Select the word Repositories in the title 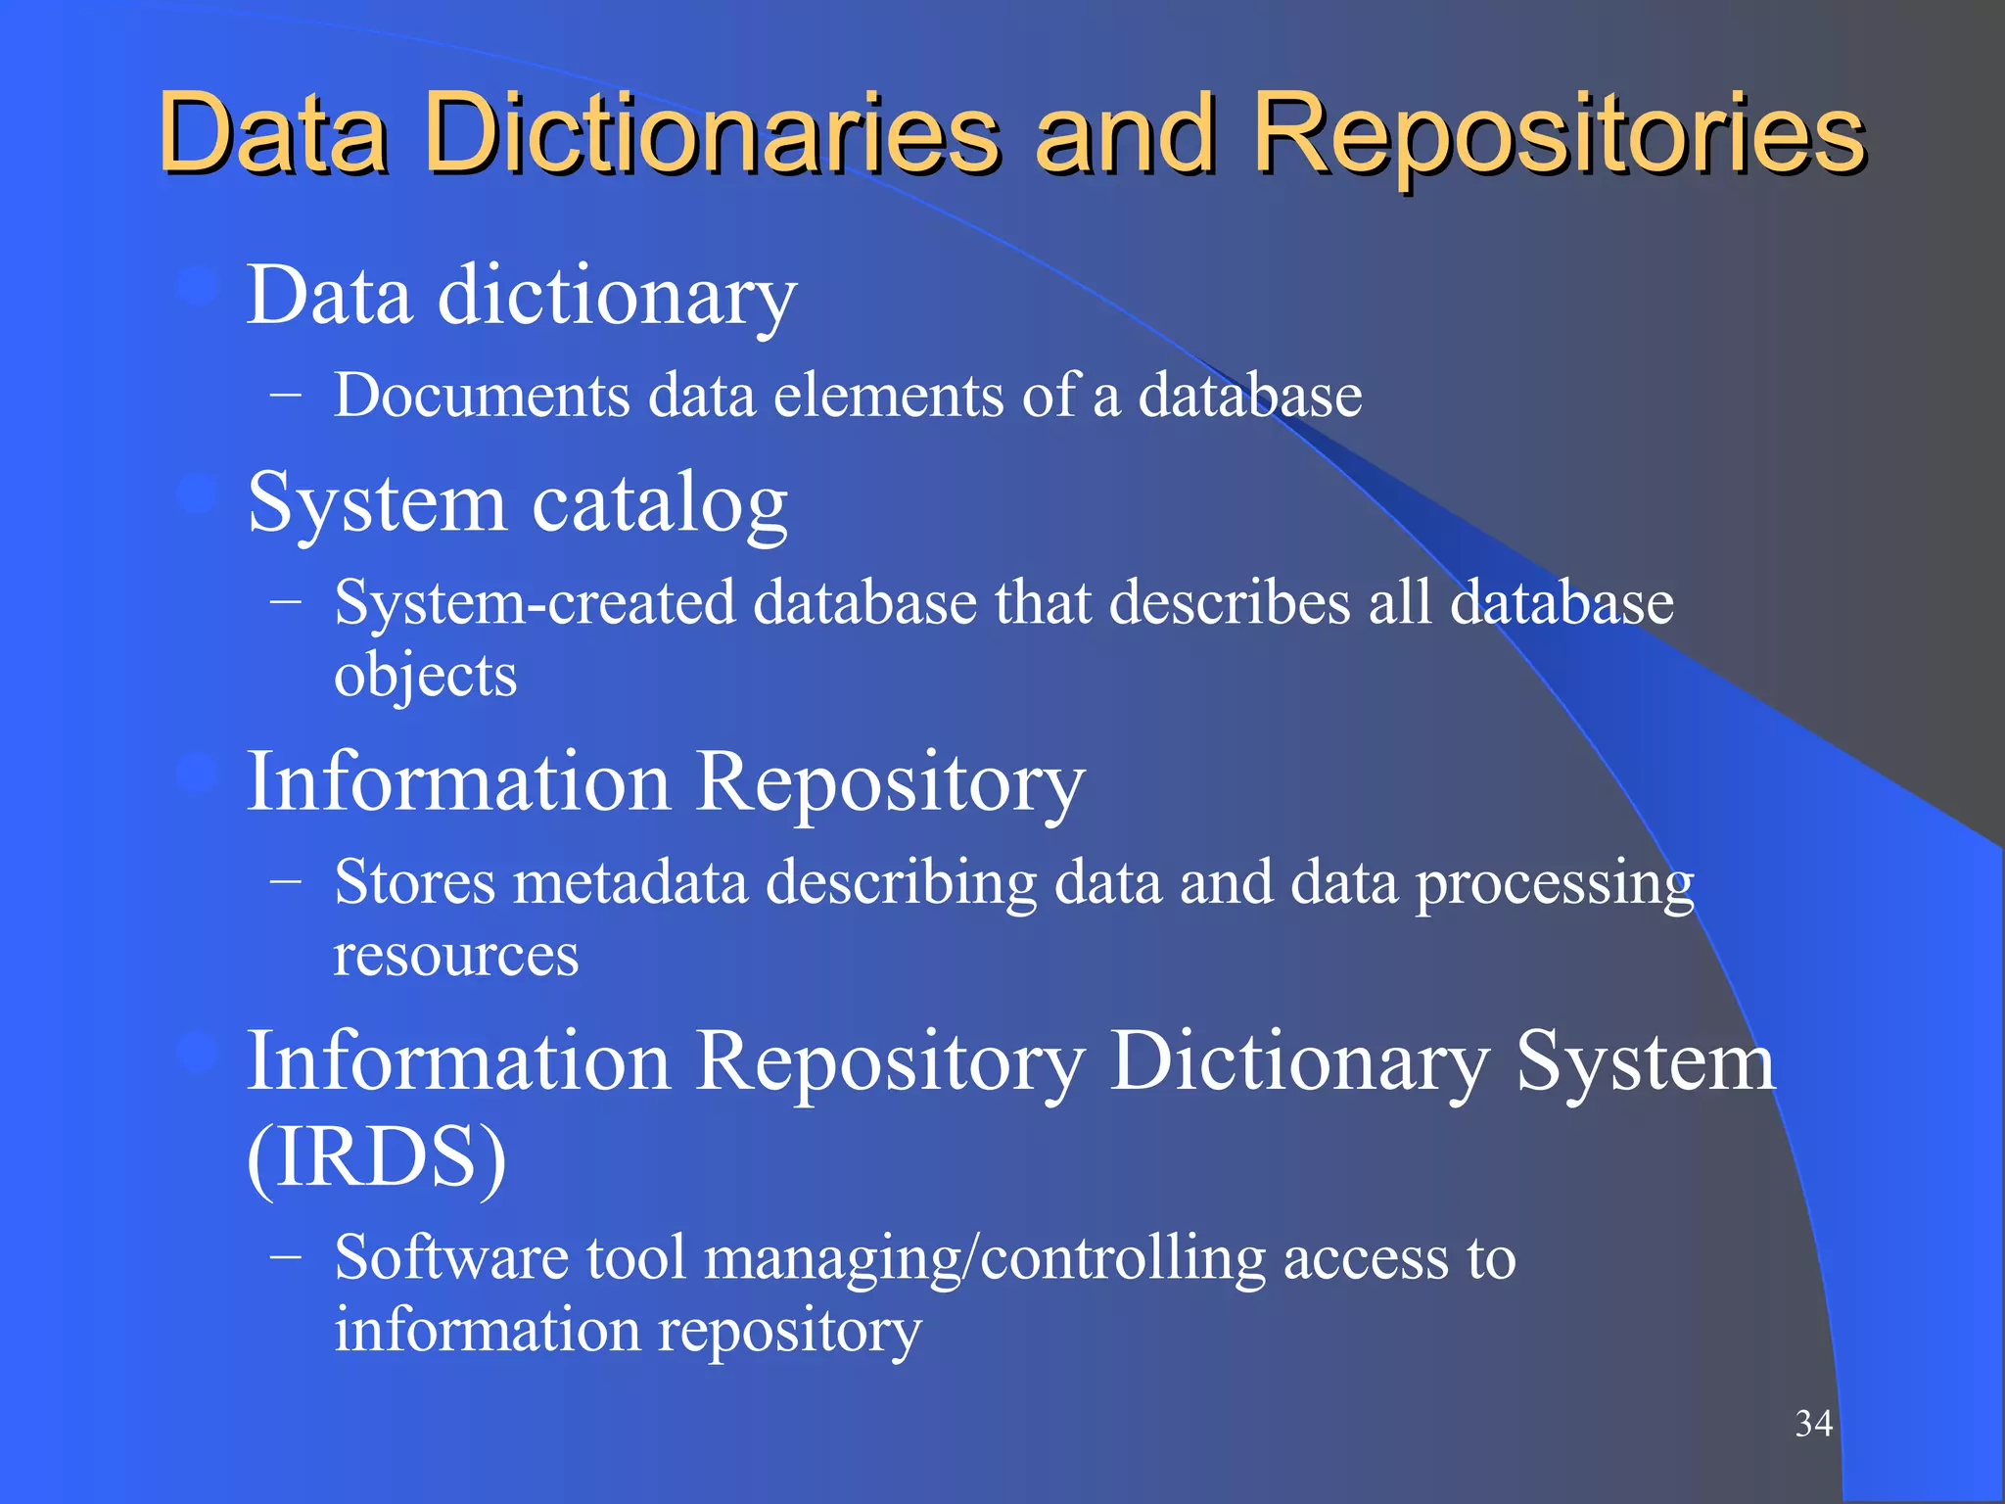[x=1559, y=134]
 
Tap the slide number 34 [x=1813, y=1423]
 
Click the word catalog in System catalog [x=659, y=503]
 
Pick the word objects [x=425, y=675]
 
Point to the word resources [x=456, y=955]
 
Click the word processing [x=1555, y=884]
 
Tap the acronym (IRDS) [x=377, y=1157]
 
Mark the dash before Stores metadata [x=285, y=882]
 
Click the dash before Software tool [x=285, y=1256]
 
